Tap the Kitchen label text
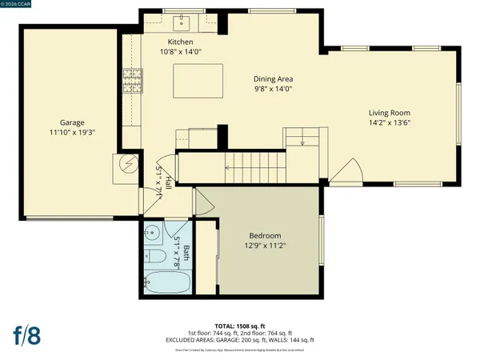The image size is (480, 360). (181, 42)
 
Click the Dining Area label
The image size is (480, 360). (274, 79)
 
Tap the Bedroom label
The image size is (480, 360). (265, 235)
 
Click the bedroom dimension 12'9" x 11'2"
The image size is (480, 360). (265, 246)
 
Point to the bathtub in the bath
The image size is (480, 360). (167, 282)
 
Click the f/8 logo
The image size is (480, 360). (28, 334)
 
